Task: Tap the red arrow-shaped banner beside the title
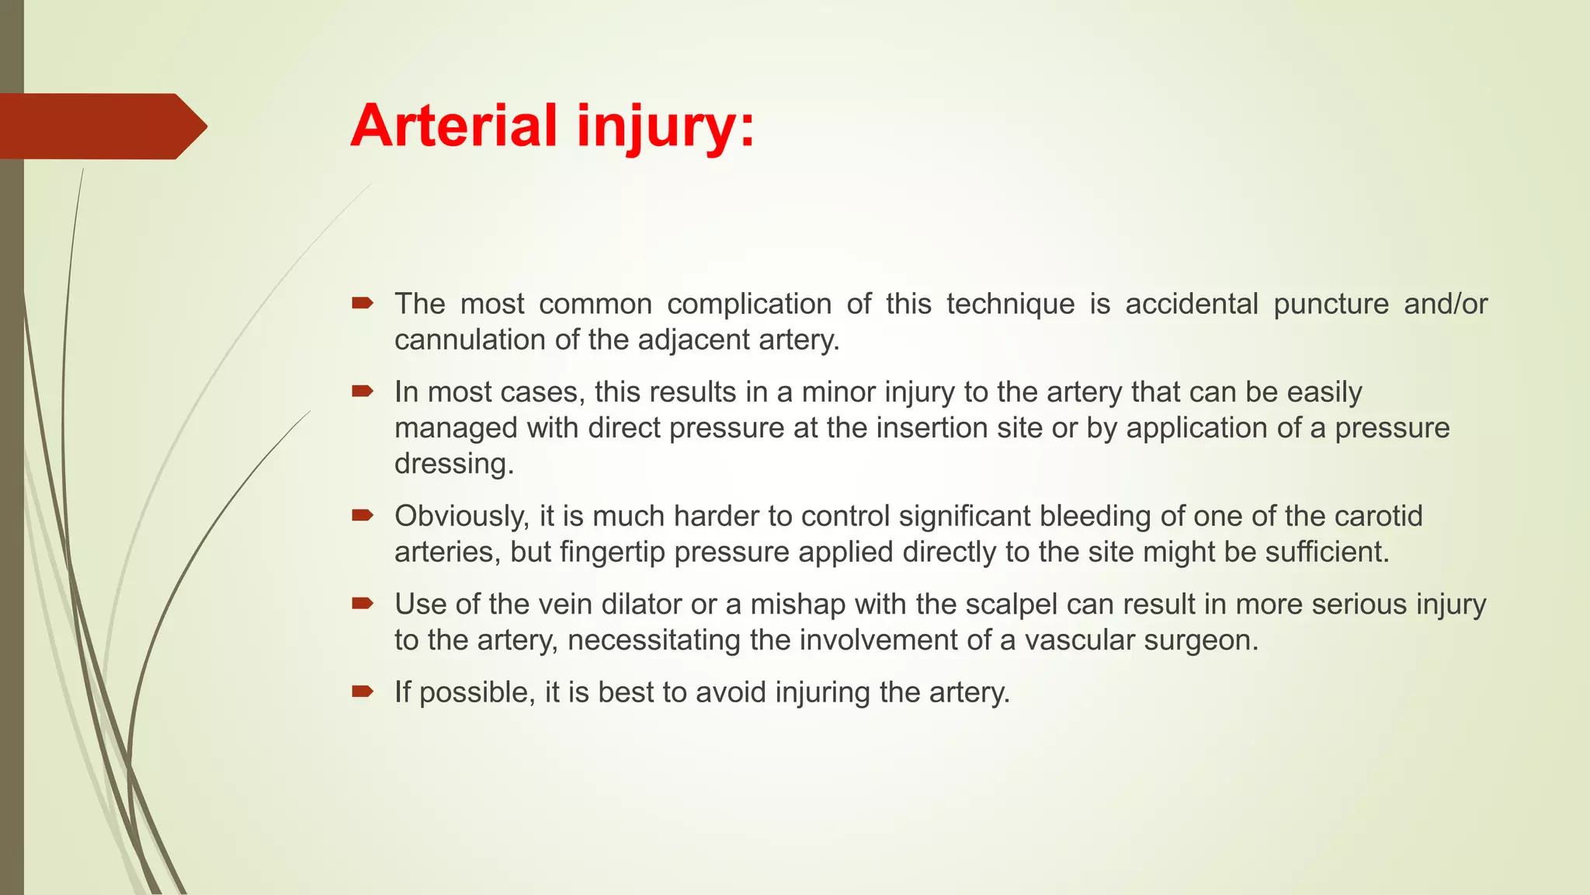click(101, 127)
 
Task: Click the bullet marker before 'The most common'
click(363, 303)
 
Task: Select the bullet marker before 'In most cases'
click(363, 391)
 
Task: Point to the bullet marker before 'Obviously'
click(363, 515)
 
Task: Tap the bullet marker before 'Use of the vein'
click(363, 603)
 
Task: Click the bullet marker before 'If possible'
click(363, 691)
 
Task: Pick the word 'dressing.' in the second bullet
click(454, 464)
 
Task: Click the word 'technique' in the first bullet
click(1010, 304)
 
